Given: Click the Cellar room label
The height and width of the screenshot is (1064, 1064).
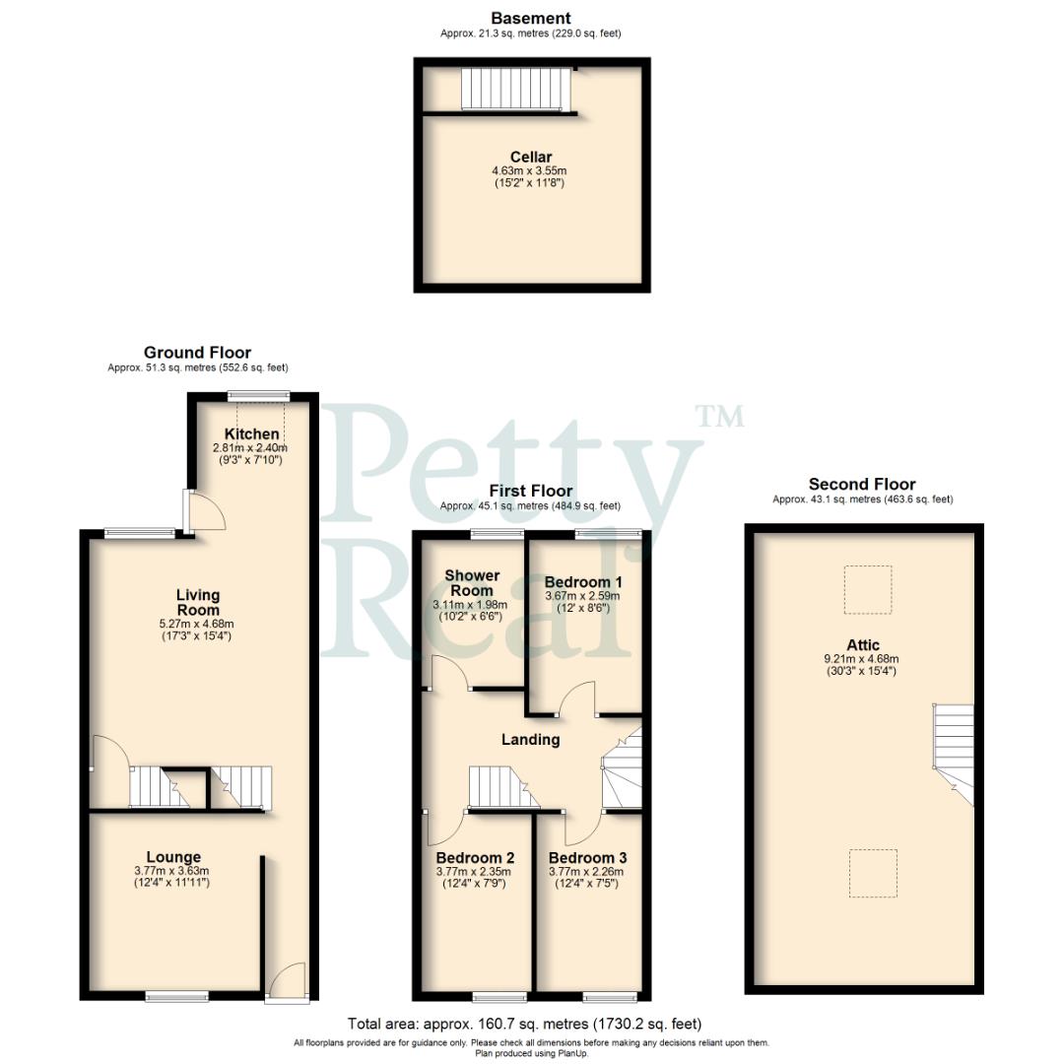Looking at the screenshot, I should [531, 158].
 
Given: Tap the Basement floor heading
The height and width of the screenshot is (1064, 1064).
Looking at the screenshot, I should [531, 18].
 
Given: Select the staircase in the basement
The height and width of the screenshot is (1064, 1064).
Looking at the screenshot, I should [516, 89].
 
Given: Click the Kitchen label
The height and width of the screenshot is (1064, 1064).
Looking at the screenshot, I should [252, 434].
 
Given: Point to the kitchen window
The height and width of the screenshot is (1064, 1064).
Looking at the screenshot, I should [254, 396].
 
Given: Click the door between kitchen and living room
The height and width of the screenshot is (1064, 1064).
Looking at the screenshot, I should [203, 509].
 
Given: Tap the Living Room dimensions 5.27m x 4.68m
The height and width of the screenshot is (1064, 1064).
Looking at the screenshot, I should [198, 624].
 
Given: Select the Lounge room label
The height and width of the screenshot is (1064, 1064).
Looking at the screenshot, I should [173, 857].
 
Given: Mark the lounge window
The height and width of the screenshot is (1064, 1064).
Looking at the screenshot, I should [177, 996].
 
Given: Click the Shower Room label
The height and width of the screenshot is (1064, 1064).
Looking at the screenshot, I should [472, 582].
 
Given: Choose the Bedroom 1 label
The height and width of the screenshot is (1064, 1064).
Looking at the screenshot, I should [583, 582].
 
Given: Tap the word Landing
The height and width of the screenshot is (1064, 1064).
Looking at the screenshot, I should [530, 739].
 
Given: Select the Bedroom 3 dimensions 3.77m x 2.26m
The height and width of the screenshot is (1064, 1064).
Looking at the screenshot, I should [587, 871].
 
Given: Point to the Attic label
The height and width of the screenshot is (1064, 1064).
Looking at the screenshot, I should [863, 645].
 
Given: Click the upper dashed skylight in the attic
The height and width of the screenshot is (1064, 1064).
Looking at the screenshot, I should [867, 589].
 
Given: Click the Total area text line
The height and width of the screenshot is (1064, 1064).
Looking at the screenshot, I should [524, 1025].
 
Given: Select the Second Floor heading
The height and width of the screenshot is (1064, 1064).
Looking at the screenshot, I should [862, 484].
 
